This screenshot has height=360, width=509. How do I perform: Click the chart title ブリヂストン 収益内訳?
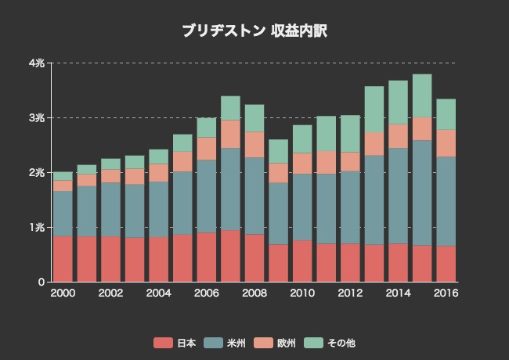click(x=254, y=31)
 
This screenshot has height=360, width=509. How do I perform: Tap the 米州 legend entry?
click(x=225, y=343)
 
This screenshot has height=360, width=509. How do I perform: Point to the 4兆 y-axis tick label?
click(x=36, y=63)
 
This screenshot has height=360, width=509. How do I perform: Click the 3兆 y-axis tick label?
click(x=36, y=117)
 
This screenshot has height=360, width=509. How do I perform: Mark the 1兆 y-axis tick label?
click(x=36, y=227)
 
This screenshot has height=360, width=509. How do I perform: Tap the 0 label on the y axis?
click(x=41, y=282)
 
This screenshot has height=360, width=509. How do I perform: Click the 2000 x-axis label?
click(x=63, y=293)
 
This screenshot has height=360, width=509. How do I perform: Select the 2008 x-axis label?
click(x=254, y=293)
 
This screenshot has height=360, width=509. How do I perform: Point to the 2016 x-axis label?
click(x=446, y=293)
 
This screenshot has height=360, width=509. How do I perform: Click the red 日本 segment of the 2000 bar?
click(x=63, y=258)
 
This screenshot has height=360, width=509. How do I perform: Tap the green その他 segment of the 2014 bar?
click(x=398, y=103)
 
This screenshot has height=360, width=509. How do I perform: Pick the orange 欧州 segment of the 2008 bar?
click(x=254, y=144)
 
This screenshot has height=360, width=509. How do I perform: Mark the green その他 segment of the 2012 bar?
click(x=350, y=133)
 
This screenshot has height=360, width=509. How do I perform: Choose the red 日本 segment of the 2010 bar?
click(x=302, y=261)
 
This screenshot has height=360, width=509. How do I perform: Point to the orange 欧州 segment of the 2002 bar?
click(x=110, y=176)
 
